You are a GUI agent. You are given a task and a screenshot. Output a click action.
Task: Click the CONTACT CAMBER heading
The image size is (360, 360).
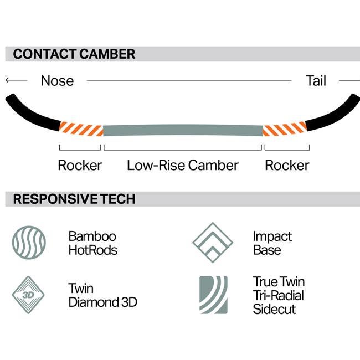(74, 54)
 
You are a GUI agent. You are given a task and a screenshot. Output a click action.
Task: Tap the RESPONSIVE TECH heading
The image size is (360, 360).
(74, 199)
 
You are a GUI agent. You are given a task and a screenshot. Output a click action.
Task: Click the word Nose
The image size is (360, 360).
(57, 81)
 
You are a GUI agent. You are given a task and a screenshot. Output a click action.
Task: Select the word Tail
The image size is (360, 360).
(316, 81)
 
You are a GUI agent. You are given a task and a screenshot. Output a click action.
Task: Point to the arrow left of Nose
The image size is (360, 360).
(16, 81)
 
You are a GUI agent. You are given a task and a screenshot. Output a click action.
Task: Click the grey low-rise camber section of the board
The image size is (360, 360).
(182, 131)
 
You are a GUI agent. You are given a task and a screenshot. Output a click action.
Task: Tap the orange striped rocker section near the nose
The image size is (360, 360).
(80, 129)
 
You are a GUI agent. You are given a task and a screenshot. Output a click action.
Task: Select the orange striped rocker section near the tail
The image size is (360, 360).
(284, 129)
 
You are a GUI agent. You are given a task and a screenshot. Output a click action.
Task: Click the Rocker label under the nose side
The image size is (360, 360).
(80, 165)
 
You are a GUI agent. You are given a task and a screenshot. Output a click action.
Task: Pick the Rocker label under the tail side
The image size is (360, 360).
(287, 165)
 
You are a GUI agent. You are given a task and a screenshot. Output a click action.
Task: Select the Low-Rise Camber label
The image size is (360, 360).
(182, 165)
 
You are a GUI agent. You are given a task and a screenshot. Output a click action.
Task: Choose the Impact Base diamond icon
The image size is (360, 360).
(213, 243)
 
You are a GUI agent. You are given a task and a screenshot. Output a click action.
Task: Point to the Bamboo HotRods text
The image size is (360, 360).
(93, 243)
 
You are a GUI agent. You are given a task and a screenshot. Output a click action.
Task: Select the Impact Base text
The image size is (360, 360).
(272, 243)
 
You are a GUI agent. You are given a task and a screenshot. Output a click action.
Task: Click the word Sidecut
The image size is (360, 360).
(275, 308)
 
